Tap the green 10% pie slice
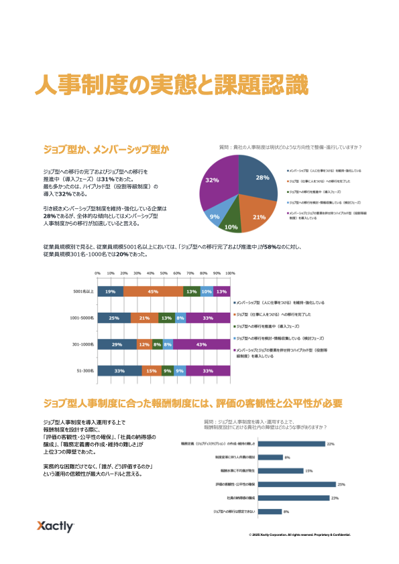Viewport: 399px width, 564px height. (x=231, y=224)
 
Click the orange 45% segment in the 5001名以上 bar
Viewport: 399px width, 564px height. (x=153, y=292)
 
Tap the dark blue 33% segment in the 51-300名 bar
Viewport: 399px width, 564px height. (x=119, y=370)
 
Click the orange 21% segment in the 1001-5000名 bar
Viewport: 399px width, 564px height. (x=144, y=318)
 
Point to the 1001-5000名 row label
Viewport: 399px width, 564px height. (x=83, y=318)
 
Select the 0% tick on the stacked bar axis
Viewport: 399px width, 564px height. (x=97, y=274)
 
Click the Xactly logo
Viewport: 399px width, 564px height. (x=55, y=526)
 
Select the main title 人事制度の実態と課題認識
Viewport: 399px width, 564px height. (x=172, y=86)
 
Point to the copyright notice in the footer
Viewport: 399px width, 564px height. (x=299, y=535)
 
